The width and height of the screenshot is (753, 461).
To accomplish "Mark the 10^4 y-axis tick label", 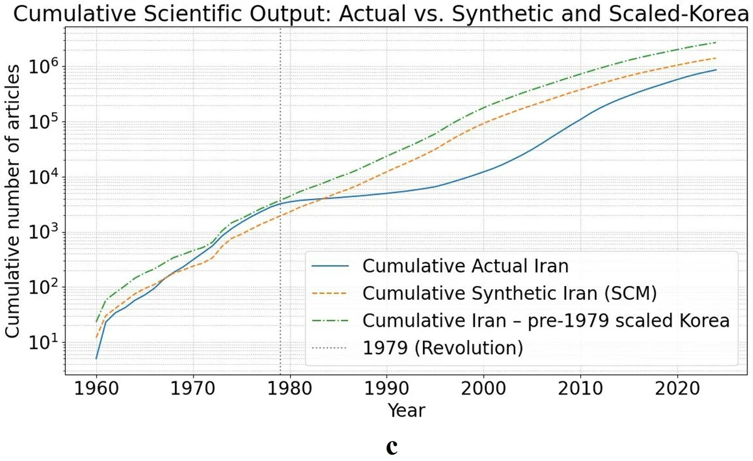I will click(46, 176).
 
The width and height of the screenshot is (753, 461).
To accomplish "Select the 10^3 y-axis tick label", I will click(46, 231).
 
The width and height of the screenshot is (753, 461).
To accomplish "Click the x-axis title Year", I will click(406, 411).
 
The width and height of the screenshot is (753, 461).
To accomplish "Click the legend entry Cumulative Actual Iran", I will click(465, 266).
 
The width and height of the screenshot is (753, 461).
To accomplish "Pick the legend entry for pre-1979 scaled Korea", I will click(545, 320).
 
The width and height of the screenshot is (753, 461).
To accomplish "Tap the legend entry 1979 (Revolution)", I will click(442, 347).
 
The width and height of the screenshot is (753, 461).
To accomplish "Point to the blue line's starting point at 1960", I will click(96, 358).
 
